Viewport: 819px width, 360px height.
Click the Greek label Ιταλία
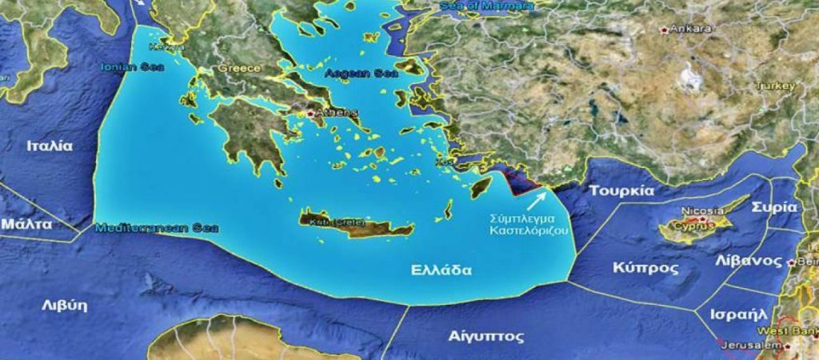pos(50,146)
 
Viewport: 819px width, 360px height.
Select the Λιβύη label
pos(65,305)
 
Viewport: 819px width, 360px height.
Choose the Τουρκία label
pos(621,191)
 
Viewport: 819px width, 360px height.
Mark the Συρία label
pos(774,206)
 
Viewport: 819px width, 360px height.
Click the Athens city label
pos(332,114)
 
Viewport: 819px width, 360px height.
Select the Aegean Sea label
pos(351,73)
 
